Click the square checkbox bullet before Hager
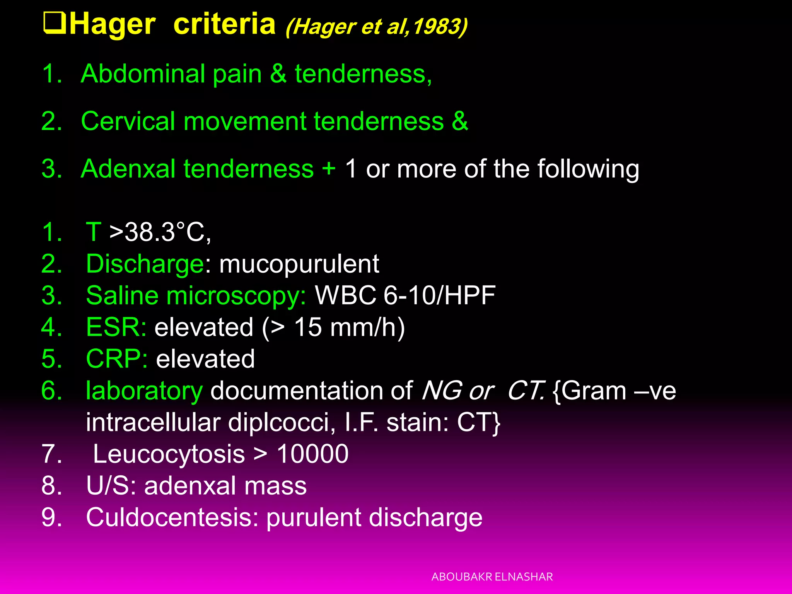[x=55, y=24]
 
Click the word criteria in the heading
[x=224, y=24]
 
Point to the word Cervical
[x=128, y=121]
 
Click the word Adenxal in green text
[x=128, y=169]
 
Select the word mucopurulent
[x=299, y=264]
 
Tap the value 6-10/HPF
[x=439, y=296]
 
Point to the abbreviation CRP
[x=115, y=359]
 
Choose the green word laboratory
[x=144, y=391]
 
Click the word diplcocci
[x=281, y=422]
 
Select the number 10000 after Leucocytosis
[x=312, y=454]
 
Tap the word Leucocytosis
[x=169, y=454]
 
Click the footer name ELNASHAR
[x=524, y=577]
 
